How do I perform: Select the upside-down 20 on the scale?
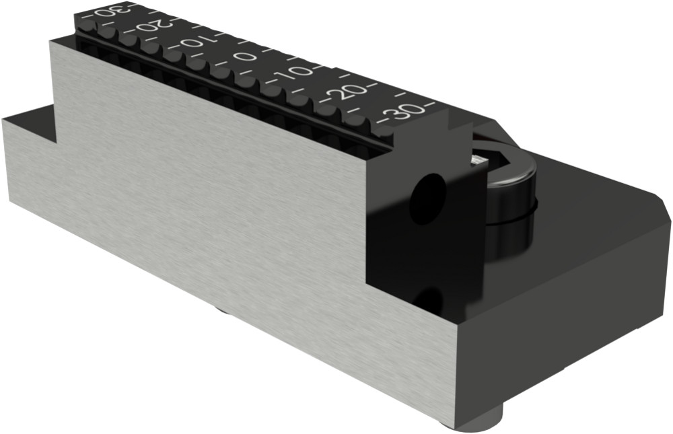154,28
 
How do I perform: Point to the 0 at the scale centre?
246,57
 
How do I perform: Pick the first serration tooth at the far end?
88,28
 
